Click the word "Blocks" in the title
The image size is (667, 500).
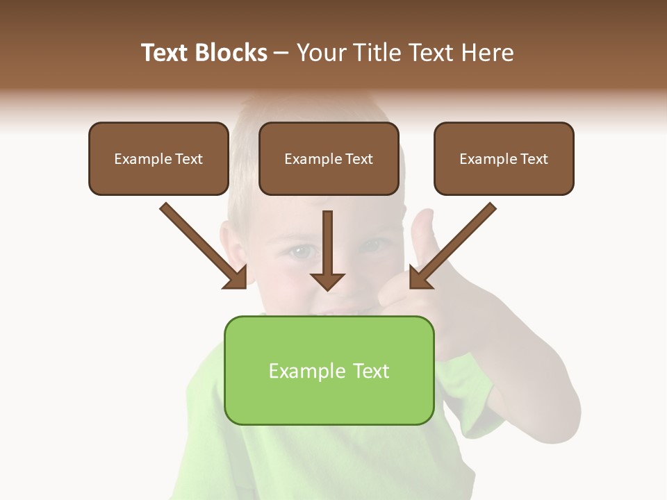[x=233, y=53]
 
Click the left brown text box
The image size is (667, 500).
[x=158, y=158]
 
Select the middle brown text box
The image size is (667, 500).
[x=329, y=158]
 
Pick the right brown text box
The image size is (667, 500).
[x=504, y=158]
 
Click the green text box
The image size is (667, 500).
[x=329, y=370]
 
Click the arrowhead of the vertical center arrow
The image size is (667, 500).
[x=327, y=281]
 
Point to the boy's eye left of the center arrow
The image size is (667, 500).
[x=300, y=251]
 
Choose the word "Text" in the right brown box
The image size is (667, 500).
[x=533, y=159]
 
